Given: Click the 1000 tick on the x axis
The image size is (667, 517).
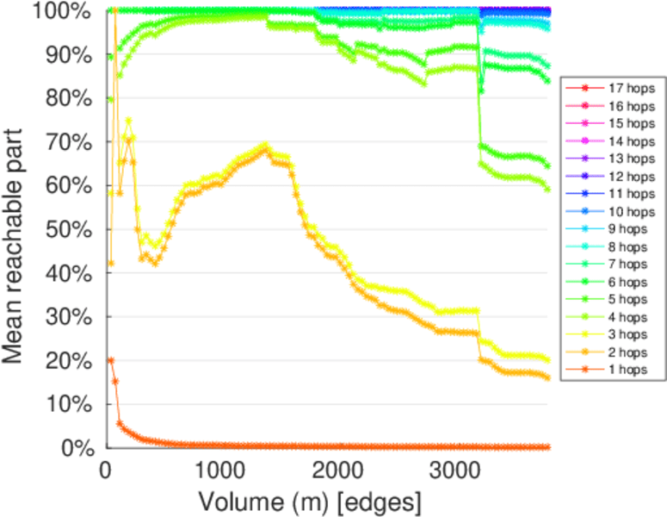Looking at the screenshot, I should (x=221, y=470).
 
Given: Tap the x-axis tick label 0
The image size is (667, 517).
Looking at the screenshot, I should (x=105, y=470).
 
